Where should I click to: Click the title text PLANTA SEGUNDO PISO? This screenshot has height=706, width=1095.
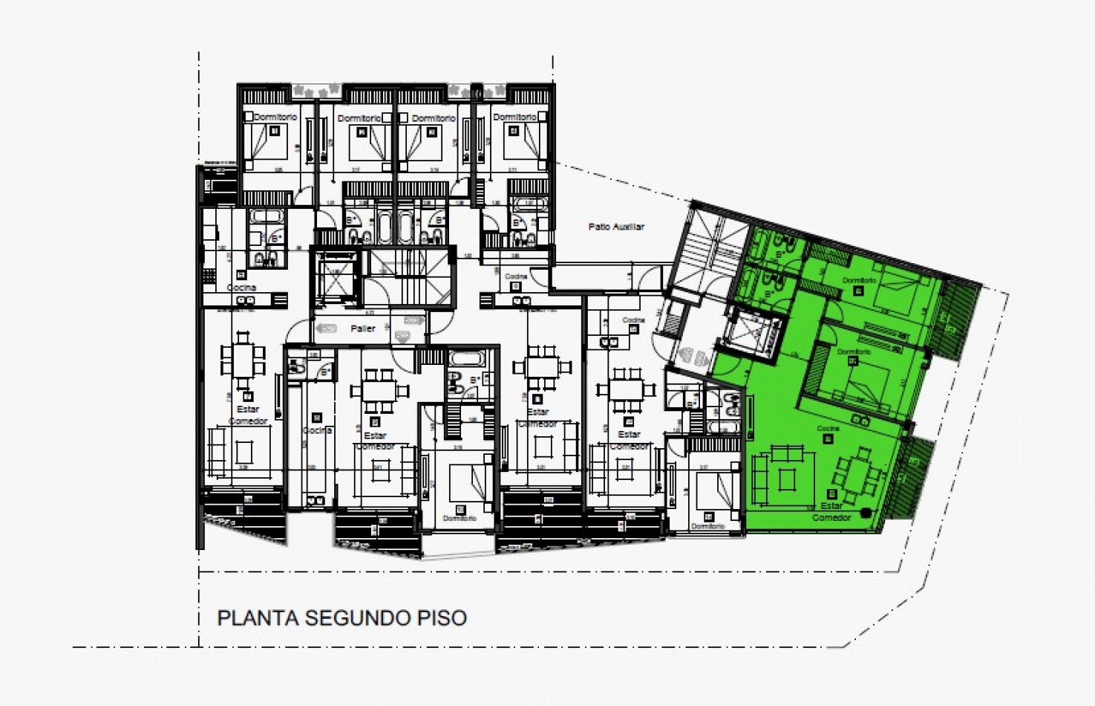(341, 618)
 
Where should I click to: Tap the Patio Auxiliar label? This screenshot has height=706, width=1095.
(616, 227)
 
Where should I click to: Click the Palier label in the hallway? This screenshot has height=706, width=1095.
(363, 328)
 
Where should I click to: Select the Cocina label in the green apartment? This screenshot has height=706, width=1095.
(828, 429)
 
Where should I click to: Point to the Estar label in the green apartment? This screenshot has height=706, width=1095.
(831, 506)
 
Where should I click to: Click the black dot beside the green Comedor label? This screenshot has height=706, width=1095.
(866, 512)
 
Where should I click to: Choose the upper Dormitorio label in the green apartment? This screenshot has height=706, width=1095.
(859, 281)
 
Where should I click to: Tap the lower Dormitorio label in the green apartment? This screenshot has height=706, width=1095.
(853, 352)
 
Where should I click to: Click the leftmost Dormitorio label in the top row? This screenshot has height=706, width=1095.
(275, 117)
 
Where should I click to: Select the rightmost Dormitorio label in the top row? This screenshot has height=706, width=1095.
(514, 117)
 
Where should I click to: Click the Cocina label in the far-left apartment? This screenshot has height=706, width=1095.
(241, 288)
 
